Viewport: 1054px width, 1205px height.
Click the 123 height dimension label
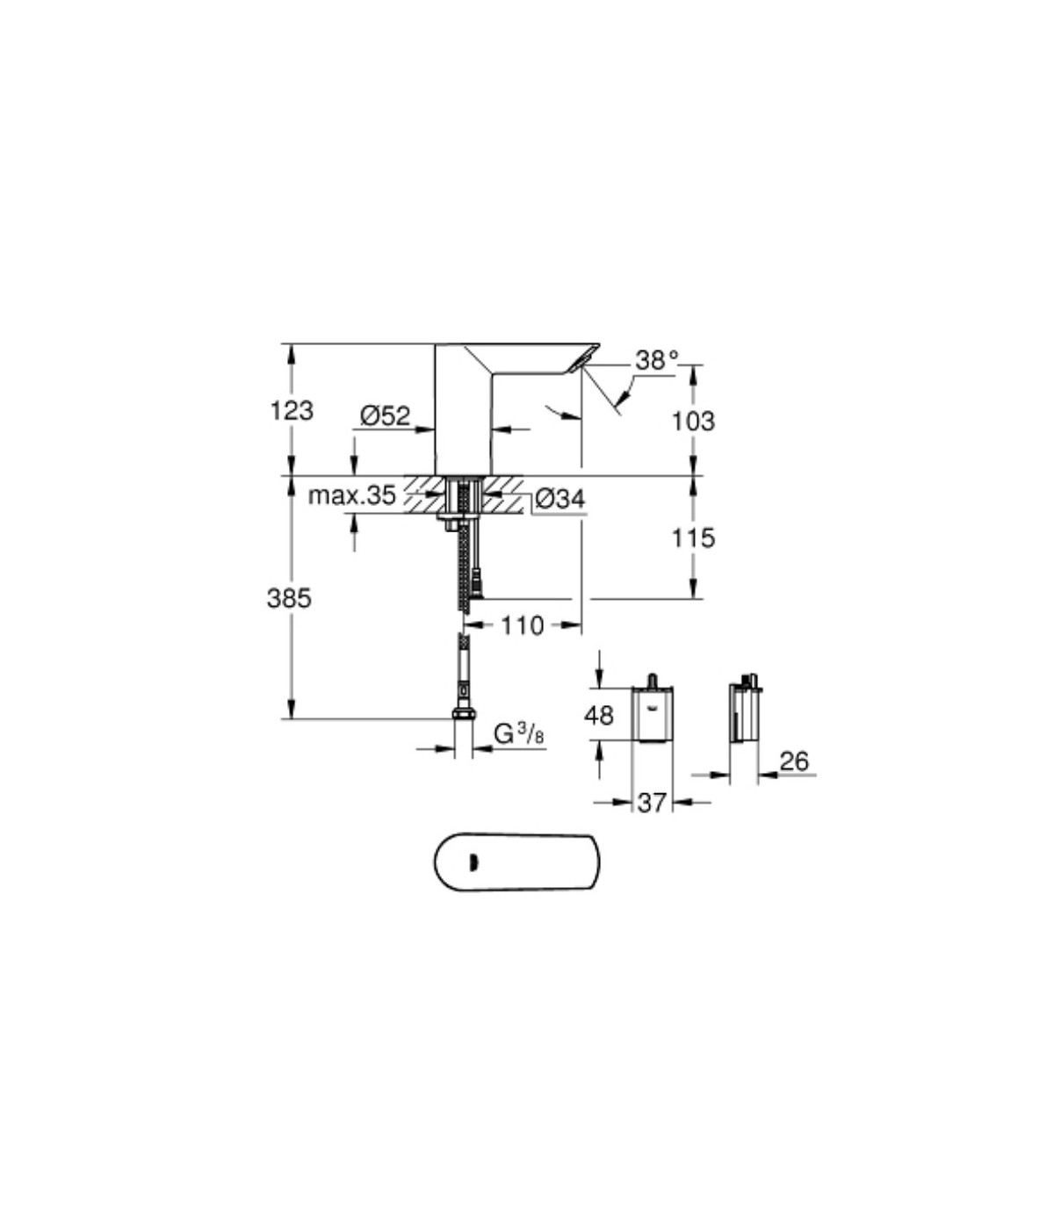tap(292, 410)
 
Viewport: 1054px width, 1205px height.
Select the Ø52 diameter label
tap(385, 415)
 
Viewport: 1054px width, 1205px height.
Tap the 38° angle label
tap(656, 360)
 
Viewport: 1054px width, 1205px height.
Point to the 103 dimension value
tap(694, 421)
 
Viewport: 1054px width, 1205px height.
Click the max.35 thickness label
tap(352, 495)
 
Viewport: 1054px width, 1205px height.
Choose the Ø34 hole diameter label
tap(560, 500)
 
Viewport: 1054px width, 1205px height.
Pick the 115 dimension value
tap(694, 538)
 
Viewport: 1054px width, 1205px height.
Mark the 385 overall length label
tap(289, 599)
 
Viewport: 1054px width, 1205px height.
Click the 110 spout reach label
tap(523, 626)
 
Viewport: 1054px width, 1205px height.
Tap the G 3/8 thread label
tap(519, 734)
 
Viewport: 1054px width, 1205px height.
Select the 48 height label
tap(599, 716)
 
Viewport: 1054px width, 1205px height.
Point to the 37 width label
tap(652, 803)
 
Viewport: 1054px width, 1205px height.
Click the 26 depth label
tap(794, 761)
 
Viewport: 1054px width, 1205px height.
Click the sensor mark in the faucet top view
tap(473, 863)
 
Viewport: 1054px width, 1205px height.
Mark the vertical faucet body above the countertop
tap(463, 409)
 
